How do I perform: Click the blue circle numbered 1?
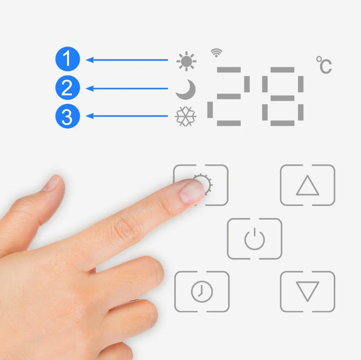click(x=68, y=59)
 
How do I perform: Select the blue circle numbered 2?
click(x=68, y=87)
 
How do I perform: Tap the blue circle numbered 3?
click(x=68, y=116)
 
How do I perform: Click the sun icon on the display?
click(x=186, y=61)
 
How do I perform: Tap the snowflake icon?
click(x=186, y=116)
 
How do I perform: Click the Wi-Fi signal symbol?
click(x=217, y=53)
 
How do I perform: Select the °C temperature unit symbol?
click(x=324, y=65)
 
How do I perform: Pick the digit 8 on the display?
click(x=282, y=96)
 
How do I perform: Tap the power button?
click(x=254, y=238)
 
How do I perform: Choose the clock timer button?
click(x=202, y=292)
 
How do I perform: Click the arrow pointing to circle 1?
click(x=127, y=60)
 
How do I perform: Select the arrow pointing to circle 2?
click(x=127, y=89)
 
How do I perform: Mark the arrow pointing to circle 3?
click(x=127, y=116)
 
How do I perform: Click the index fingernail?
click(x=192, y=192)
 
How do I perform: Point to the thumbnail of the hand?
click(x=52, y=183)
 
